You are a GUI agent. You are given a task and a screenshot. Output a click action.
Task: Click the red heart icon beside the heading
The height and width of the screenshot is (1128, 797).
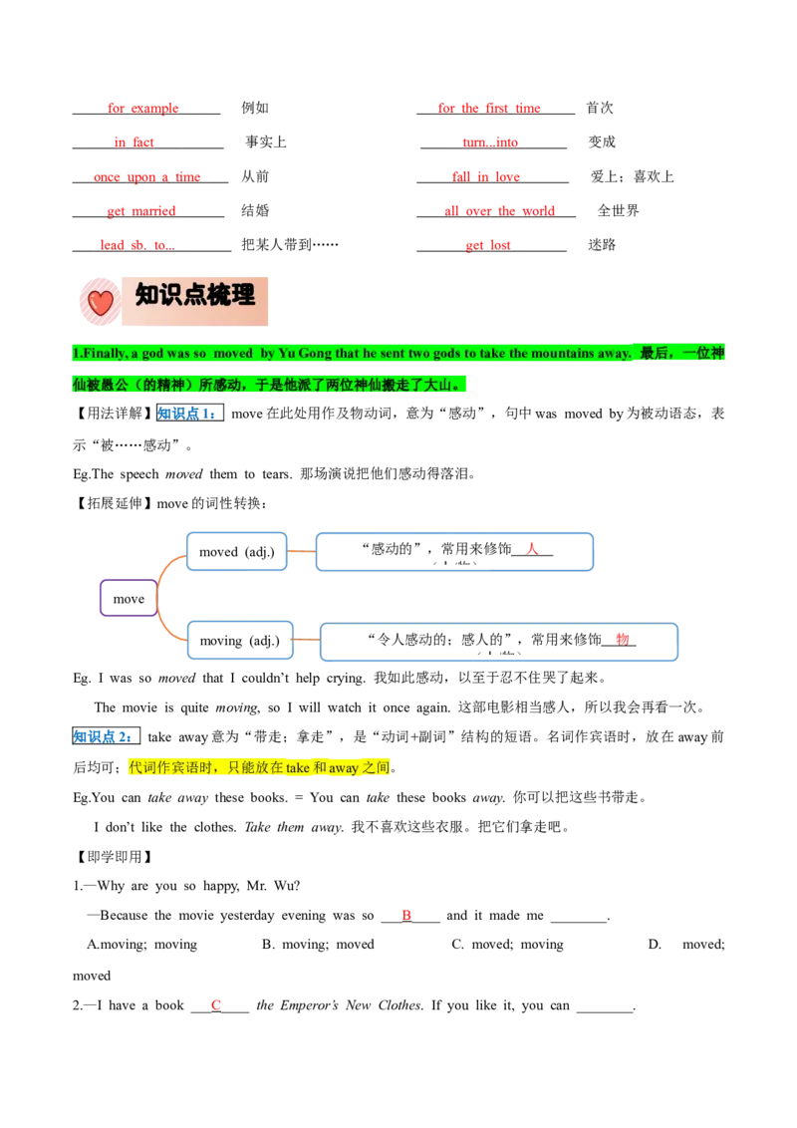click(100, 301)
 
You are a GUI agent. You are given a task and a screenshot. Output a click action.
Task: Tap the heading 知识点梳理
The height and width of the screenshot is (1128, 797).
click(195, 295)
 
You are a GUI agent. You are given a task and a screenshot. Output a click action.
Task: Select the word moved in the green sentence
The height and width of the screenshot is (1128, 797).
click(233, 354)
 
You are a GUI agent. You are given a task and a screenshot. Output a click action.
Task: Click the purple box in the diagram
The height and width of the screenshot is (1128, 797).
click(127, 598)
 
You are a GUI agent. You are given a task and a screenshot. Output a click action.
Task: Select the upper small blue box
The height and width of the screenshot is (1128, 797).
click(236, 552)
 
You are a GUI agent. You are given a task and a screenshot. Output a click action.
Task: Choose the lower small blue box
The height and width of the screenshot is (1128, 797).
click(239, 639)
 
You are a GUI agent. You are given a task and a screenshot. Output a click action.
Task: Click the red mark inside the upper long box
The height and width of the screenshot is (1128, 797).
click(532, 547)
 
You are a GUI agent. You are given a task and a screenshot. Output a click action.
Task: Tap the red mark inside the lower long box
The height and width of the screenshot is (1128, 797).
click(622, 638)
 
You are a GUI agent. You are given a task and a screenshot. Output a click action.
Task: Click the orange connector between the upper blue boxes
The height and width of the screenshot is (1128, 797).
click(300, 551)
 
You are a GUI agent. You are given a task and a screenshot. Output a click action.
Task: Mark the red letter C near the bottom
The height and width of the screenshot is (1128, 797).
click(215, 1003)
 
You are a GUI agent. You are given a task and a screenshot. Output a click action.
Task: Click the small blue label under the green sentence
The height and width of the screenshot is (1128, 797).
click(186, 413)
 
